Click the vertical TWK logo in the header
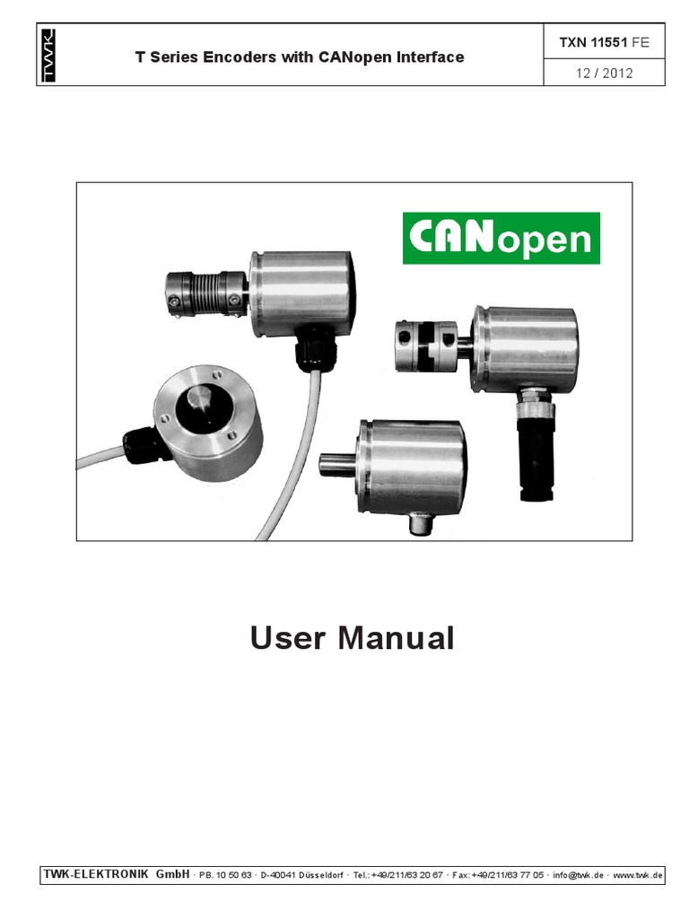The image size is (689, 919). click(x=48, y=57)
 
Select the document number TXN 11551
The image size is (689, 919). click(x=594, y=42)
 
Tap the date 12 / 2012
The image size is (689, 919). click(x=604, y=73)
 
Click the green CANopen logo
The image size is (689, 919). click(x=501, y=238)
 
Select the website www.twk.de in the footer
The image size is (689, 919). click(x=638, y=874)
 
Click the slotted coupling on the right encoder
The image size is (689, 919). click(x=426, y=346)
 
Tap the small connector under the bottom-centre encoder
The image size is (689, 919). click(x=419, y=521)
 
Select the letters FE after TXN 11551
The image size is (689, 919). click(x=639, y=42)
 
